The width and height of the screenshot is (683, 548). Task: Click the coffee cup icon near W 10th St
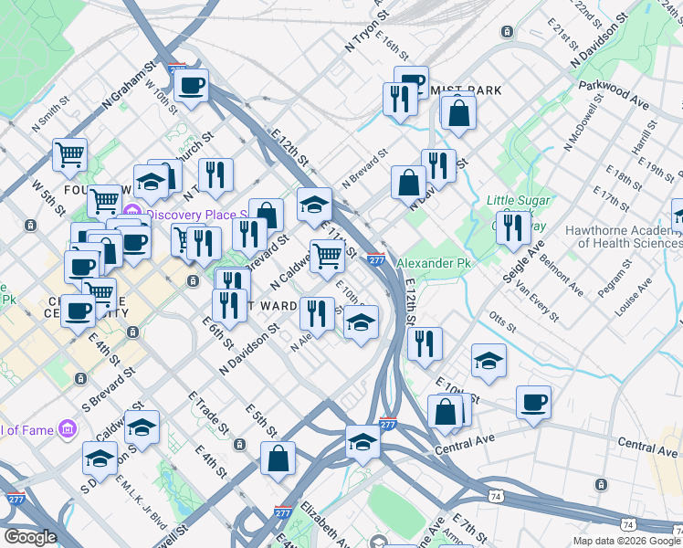pos(191,87)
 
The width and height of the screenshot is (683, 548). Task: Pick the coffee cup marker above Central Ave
pos(533,402)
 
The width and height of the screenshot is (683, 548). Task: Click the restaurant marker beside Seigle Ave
pos(513,227)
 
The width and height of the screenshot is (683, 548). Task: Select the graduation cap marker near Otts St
pos(489,360)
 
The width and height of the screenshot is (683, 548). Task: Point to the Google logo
pos(29,537)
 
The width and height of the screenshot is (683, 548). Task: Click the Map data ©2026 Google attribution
pos(626,541)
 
